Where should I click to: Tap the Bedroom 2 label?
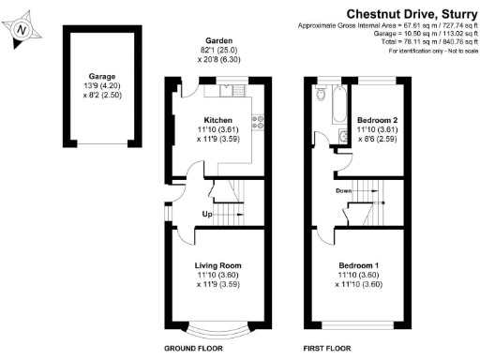(x=377, y=121)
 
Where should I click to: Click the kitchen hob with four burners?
(x=258, y=123)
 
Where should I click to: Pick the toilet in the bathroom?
(x=322, y=95)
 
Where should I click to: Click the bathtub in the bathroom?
(x=337, y=107)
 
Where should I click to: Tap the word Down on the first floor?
(x=343, y=190)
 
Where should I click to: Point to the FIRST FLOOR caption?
(x=326, y=348)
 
